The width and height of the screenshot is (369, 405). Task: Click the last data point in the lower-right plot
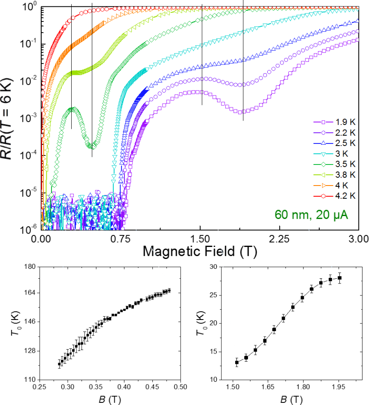click(340, 278)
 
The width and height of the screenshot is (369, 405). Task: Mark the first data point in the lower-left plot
click(60, 364)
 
